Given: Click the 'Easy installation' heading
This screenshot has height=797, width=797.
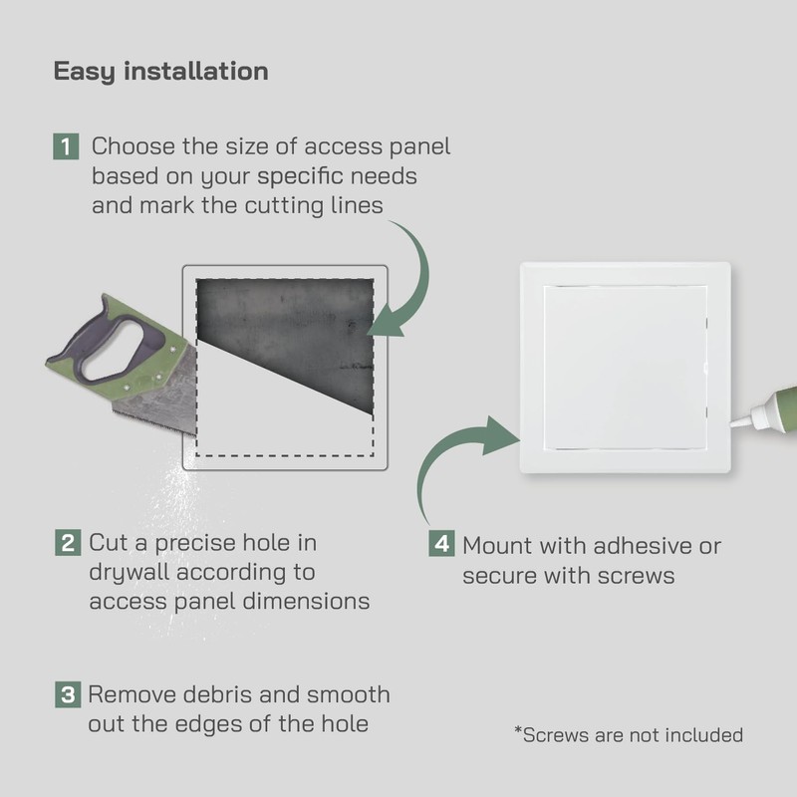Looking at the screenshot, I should coord(160,72).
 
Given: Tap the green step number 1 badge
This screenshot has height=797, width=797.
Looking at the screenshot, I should coord(66,147).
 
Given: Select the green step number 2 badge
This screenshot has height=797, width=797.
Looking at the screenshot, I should coord(67,544).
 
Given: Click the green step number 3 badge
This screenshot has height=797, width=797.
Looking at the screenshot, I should coord(66,694).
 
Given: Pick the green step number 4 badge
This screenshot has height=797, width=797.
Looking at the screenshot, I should coord(441,545).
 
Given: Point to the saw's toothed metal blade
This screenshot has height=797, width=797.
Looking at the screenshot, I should coord(149,398).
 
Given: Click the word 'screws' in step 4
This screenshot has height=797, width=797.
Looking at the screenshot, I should coord(638,576).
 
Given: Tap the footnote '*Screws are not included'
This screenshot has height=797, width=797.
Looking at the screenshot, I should coord(629,735).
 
